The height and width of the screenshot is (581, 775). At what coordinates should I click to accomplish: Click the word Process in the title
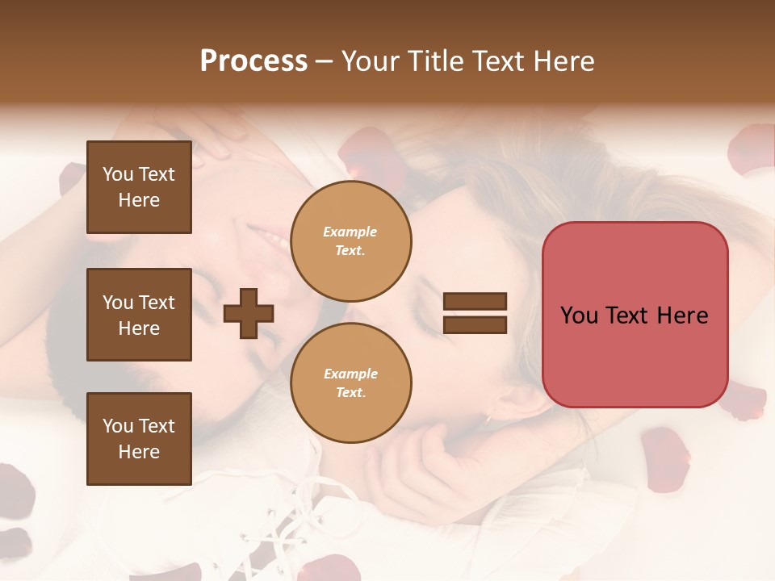[253, 61]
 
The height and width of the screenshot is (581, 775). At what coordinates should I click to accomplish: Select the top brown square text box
[139, 187]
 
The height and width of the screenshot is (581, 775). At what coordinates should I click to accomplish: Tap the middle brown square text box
[139, 315]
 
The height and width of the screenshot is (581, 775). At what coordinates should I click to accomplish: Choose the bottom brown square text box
[139, 438]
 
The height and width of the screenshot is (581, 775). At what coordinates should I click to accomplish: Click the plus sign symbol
[249, 313]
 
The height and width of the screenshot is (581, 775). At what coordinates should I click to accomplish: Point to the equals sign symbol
[475, 313]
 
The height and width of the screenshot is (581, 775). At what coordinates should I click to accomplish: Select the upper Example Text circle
[350, 240]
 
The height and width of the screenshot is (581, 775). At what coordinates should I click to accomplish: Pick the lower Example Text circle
[350, 382]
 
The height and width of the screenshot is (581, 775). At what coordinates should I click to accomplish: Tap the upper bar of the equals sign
[475, 302]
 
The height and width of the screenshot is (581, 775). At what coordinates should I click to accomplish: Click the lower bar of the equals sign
[475, 325]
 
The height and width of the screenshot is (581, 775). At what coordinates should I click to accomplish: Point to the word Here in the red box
[682, 315]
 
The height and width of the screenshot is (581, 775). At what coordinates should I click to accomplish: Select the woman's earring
[488, 418]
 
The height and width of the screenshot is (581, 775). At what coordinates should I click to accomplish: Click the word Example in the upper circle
[350, 232]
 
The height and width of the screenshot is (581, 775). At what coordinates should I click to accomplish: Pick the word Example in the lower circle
[350, 374]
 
